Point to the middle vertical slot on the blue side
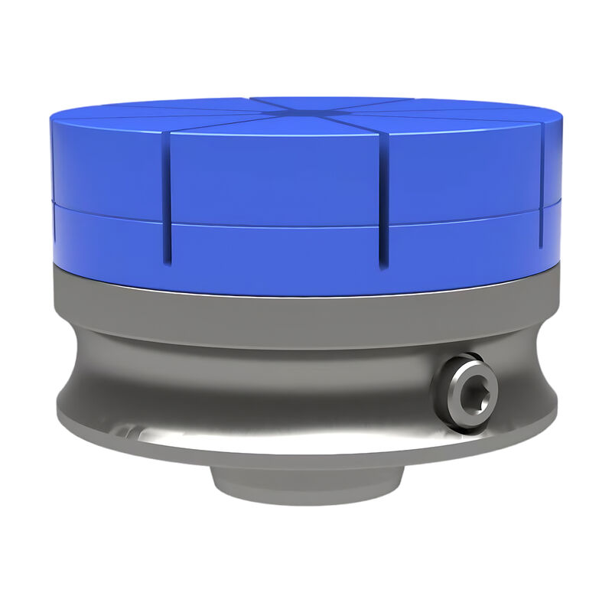[x=385, y=200]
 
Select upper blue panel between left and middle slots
[x=275, y=176]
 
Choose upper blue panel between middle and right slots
[x=463, y=172]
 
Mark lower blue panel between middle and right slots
[x=463, y=245]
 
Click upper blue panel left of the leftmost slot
[x=107, y=168]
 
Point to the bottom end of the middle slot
[x=385, y=266]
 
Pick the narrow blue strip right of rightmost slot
[x=552, y=184]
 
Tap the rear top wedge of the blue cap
[x=329, y=103]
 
